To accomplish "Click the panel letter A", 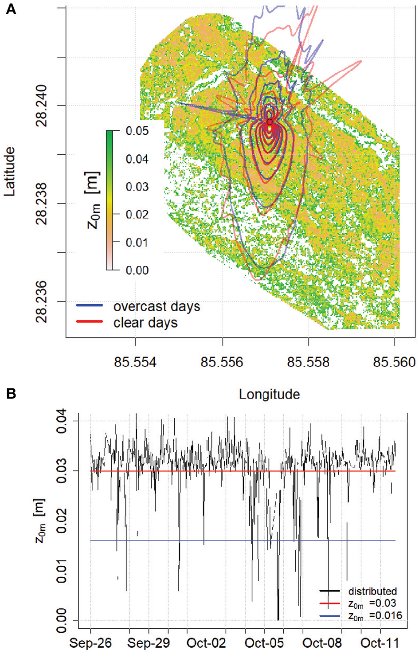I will point(11,9).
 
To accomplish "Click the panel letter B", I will point(11,393).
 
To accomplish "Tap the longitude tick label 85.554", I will point(135,362).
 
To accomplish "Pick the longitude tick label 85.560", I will point(394,362).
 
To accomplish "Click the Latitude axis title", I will point(9,172).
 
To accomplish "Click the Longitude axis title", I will point(269,394).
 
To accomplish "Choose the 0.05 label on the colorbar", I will point(137,131).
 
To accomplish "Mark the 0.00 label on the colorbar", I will point(137,270).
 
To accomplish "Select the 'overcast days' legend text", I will point(157,306).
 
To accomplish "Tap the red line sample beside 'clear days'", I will point(90,322).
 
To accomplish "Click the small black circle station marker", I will point(270,122).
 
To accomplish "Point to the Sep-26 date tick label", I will point(91,643).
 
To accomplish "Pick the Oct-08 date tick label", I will point(322,643).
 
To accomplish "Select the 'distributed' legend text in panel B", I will point(372,591).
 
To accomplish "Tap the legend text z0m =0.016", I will point(375,615).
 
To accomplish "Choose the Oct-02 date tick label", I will point(206,643).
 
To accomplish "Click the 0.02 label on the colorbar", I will point(137,215).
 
